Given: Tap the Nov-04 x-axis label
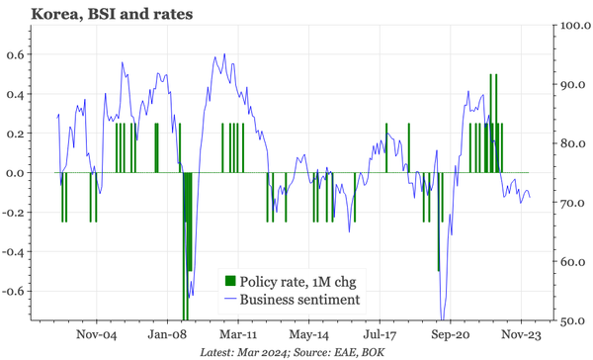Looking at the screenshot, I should coord(96,335).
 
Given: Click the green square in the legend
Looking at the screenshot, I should coord(231,280).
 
